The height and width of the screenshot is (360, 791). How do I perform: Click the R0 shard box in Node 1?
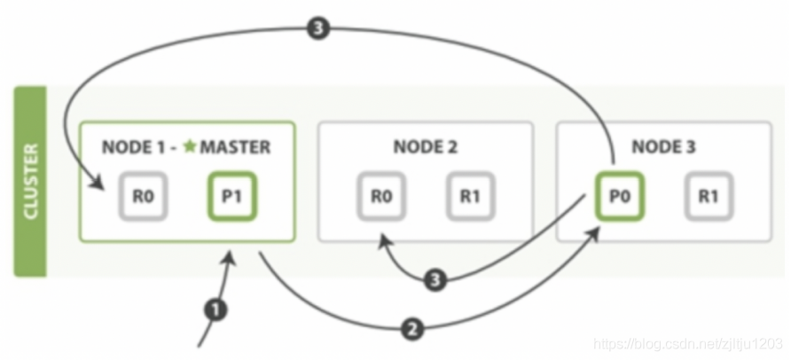coord(143,197)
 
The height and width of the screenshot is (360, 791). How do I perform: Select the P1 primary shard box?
coord(232,197)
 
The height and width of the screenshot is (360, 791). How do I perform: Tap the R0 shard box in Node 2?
coord(381,197)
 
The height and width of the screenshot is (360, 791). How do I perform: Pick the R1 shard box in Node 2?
coord(470,197)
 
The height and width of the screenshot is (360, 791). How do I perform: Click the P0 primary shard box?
coord(620,197)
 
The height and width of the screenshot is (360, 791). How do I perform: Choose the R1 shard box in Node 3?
coord(709,197)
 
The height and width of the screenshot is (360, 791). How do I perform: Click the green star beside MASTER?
coord(190,146)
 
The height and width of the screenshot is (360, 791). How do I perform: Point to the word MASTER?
coord(235,147)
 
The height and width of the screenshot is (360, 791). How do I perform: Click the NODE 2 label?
coord(426,147)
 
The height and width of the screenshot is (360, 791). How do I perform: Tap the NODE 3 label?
coord(663,147)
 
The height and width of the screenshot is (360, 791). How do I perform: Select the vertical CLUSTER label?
coord(31,182)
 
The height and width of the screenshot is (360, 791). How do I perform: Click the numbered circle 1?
coord(215,310)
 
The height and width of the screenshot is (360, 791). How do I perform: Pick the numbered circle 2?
coord(412,330)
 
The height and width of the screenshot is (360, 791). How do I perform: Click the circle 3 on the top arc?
coord(317,28)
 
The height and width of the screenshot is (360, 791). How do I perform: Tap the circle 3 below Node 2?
coord(435,279)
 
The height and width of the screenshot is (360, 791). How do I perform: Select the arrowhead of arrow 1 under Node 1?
coord(231,258)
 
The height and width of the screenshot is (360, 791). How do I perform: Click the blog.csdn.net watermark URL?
coord(688,344)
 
